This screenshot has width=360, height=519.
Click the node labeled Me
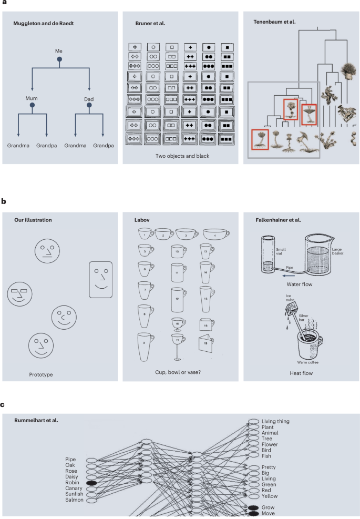[59, 59]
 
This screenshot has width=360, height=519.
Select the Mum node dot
[32, 106]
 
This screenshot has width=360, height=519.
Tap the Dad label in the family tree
[89, 98]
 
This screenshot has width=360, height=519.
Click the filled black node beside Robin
[91, 482]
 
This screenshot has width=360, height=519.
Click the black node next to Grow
[253, 507]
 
